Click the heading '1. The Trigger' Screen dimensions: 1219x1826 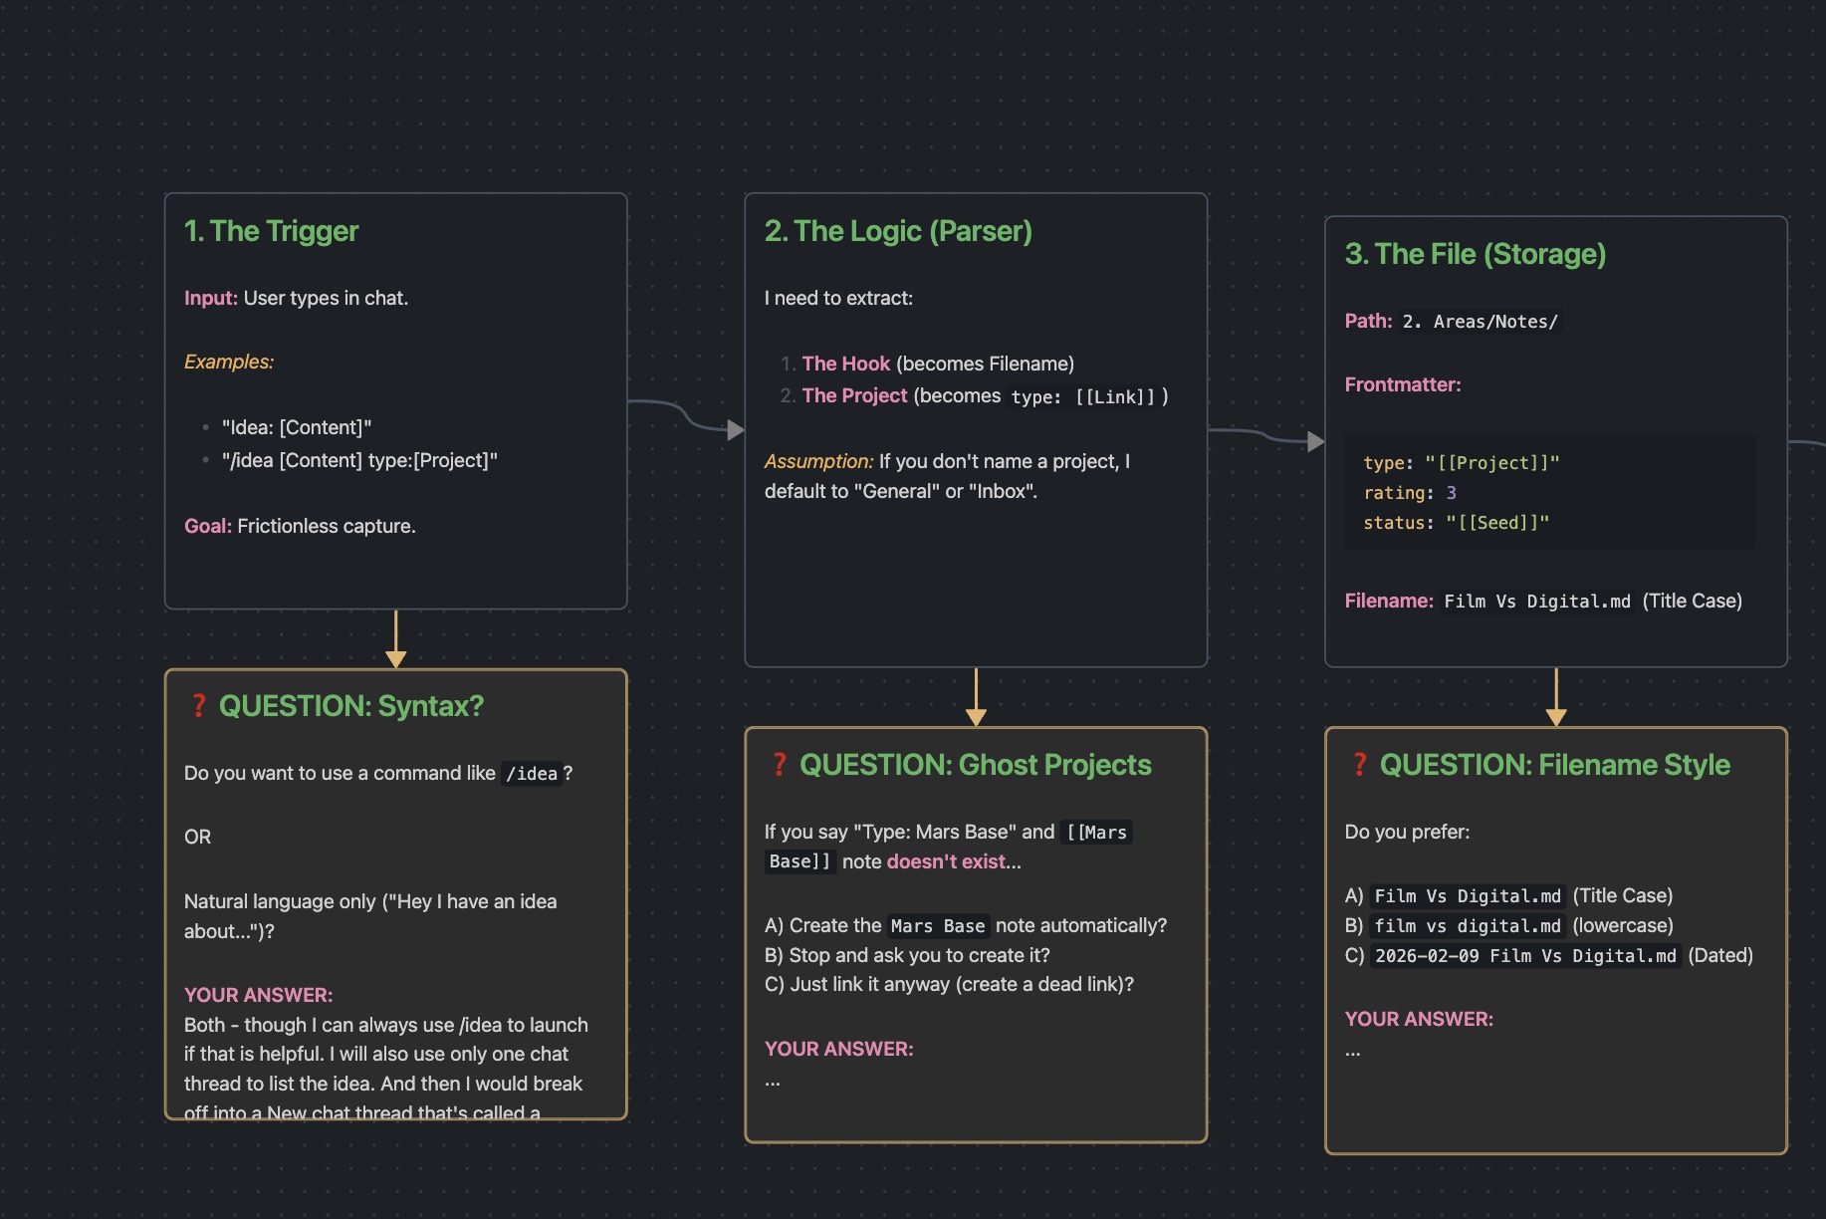click(x=271, y=231)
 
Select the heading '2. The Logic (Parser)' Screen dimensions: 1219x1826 click(x=898, y=231)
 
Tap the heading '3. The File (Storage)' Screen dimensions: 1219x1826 click(x=1475, y=254)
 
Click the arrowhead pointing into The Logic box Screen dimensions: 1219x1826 click(x=736, y=430)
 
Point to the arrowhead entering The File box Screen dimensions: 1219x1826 click(x=1316, y=441)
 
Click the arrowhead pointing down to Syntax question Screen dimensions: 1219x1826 click(x=395, y=659)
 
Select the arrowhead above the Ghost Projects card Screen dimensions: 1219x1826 click(x=976, y=717)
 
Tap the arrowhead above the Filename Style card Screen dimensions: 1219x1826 click(x=1556, y=717)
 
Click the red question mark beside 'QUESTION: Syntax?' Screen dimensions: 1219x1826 click(x=198, y=706)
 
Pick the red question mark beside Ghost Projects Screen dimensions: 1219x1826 click(x=779, y=765)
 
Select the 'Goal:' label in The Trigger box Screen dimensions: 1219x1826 click(x=207, y=526)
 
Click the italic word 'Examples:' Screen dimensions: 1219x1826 click(x=229, y=362)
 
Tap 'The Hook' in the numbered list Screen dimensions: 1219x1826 click(x=845, y=364)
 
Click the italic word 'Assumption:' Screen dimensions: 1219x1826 click(x=818, y=461)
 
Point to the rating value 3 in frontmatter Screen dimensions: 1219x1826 click(x=1451, y=493)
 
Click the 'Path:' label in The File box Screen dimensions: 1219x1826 click(x=1368, y=321)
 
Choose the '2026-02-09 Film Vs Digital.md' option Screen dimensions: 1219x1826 click(x=1525, y=956)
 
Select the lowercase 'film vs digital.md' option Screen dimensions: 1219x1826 click(x=1468, y=926)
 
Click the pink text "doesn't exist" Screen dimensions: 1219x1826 click(x=946, y=861)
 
